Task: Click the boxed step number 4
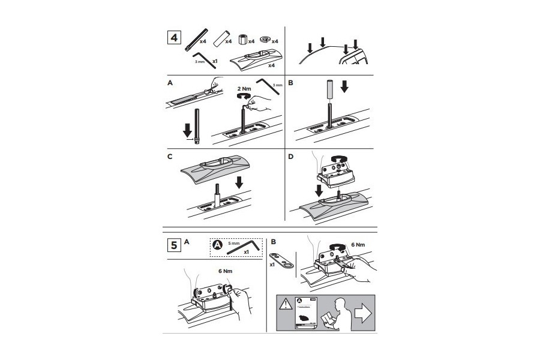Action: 174,38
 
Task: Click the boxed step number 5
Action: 173,245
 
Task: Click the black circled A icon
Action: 218,244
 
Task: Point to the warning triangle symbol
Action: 286,304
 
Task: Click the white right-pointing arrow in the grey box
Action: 363,311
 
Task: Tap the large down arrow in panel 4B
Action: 343,87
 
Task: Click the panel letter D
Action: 292,157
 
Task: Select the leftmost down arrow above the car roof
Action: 310,47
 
